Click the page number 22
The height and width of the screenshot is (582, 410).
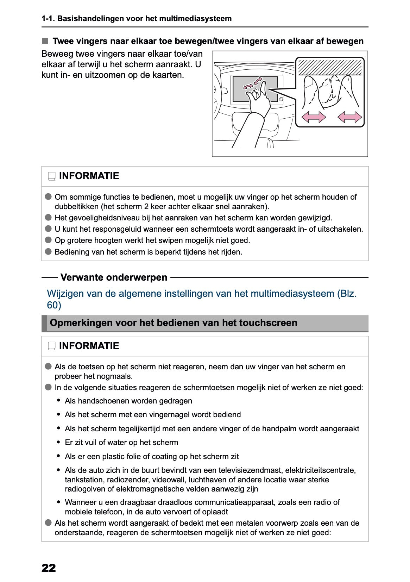[49, 568]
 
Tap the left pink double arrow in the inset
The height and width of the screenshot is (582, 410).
[314, 117]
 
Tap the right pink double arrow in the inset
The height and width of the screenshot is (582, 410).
[349, 117]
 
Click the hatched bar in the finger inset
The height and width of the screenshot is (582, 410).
[329, 67]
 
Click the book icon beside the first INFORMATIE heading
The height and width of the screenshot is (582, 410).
[52, 176]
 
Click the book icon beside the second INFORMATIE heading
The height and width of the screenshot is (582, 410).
[52, 346]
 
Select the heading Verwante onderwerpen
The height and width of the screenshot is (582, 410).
[114, 277]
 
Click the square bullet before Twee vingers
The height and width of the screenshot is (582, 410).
[45, 41]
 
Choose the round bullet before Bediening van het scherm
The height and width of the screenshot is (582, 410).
[48, 252]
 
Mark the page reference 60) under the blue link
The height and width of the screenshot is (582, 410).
[54, 305]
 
